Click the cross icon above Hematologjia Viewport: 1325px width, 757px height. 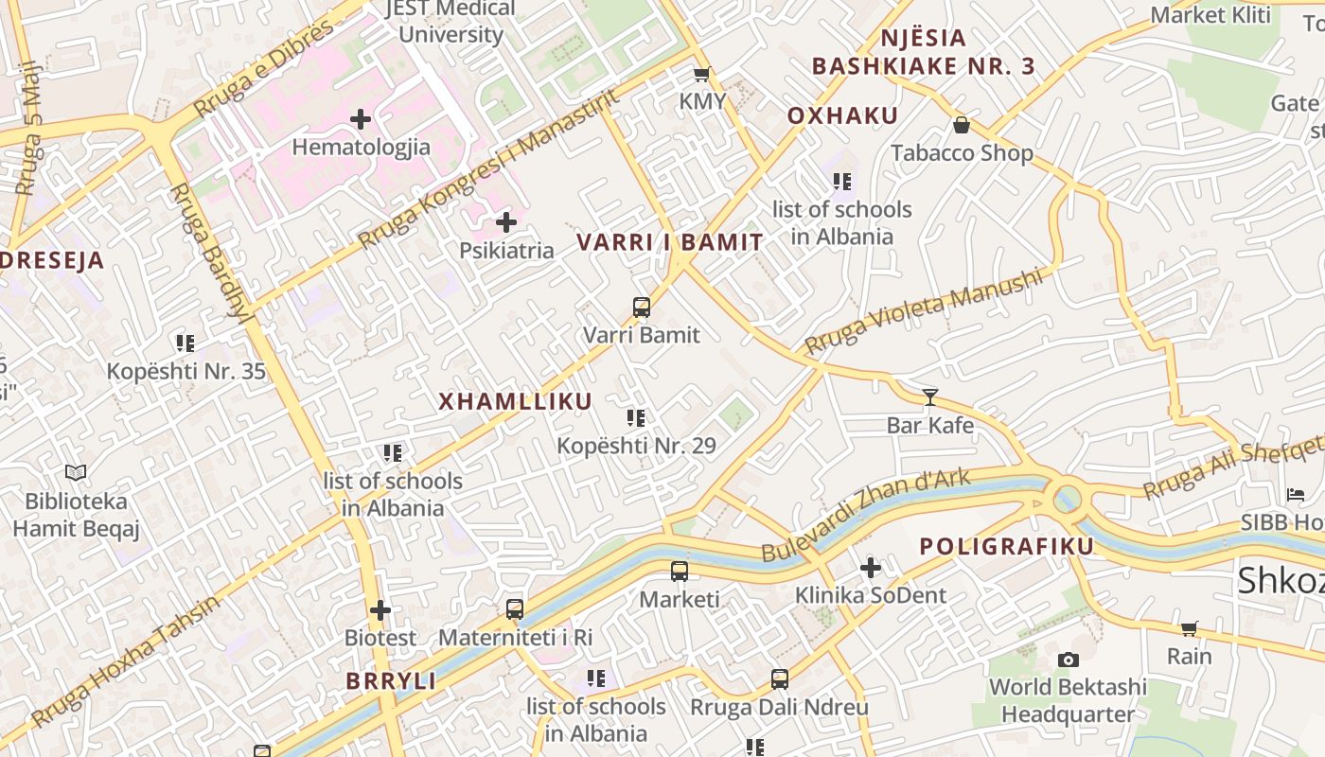pyautogui.click(x=360, y=119)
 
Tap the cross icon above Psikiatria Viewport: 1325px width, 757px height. pyautogui.click(x=506, y=222)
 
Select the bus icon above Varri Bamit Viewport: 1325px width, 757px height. pyautogui.click(x=642, y=307)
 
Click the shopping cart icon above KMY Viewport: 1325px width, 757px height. pyautogui.click(x=701, y=74)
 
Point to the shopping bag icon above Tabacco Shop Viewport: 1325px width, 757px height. pyautogui.click(x=962, y=125)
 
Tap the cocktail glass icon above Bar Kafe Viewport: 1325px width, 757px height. pyautogui.click(x=930, y=396)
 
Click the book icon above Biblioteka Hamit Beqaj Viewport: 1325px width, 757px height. pyautogui.click(x=76, y=472)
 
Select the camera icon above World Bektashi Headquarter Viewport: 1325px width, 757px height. pyautogui.click(x=1069, y=660)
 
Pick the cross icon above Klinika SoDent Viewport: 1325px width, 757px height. pyautogui.click(x=871, y=568)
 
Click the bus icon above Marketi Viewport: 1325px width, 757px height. pyautogui.click(x=680, y=571)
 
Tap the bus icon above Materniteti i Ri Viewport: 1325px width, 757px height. pyautogui.click(x=515, y=608)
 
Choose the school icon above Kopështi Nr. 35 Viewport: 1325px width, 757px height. pyautogui.click(x=185, y=343)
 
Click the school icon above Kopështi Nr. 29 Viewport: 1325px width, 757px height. pyautogui.click(x=636, y=417)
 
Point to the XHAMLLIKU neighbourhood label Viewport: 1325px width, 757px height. pyautogui.click(x=515, y=401)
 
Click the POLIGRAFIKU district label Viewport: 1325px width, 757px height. pyautogui.click(x=1006, y=546)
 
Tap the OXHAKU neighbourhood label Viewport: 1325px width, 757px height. pyautogui.click(x=842, y=116)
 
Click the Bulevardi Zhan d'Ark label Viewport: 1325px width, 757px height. pyautogui.click(x=866, y=515)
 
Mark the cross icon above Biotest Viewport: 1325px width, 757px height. pyautogui.click(x=380, y=610)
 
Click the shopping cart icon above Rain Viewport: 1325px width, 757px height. pyautogui.click(x=1190, y=628)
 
